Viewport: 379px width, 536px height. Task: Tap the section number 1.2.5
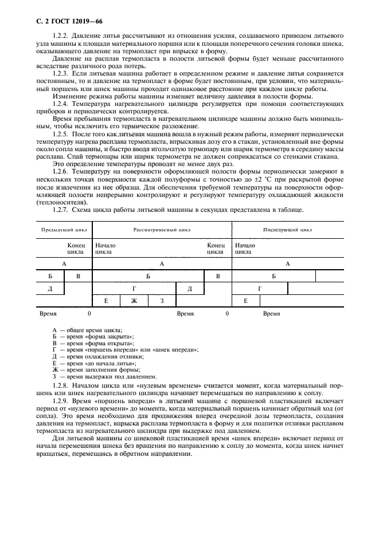(x=61, y=133)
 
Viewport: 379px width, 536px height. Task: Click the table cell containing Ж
(x=134, y=301)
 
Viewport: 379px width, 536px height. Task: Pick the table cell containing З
(x=162, y=301)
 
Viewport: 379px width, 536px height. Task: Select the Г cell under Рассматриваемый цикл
(x=134, y=289)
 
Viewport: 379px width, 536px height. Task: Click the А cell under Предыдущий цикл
(x=64, y=263)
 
